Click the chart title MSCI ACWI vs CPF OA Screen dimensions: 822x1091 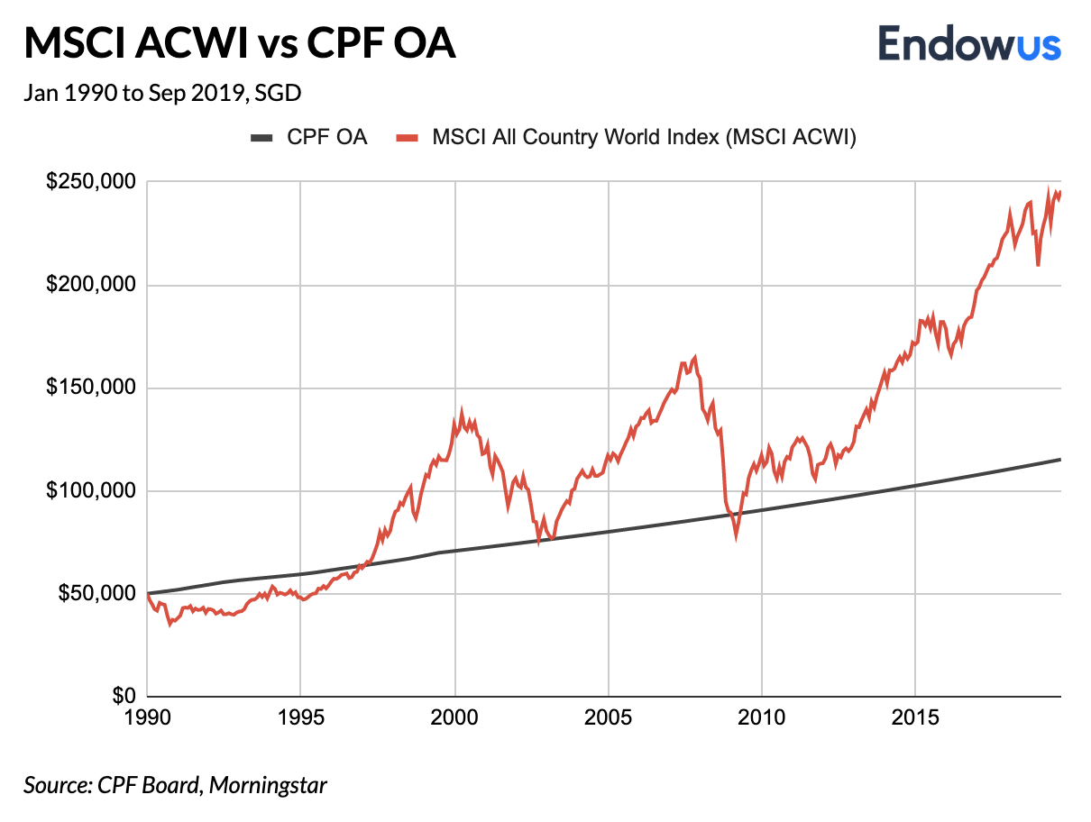pos(240,43)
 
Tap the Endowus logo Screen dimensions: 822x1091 pos(969,42)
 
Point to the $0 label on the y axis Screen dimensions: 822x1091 pos(124,697)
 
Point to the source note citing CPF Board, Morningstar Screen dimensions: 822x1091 pos(175,785)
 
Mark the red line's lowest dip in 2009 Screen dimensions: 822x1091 pos(737,536)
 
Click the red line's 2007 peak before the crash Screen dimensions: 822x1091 pos(694,357)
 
